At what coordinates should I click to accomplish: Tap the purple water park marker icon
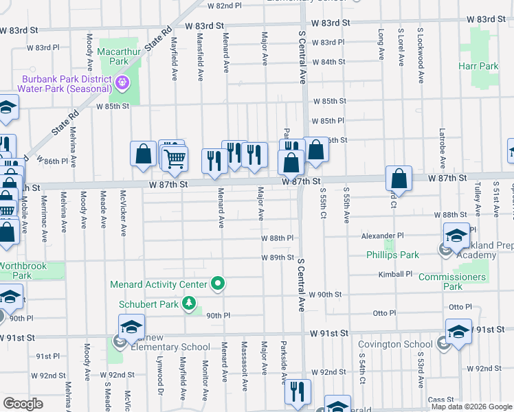point(123,84)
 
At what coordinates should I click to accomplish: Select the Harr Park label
point(478,67)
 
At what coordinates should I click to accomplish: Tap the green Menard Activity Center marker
point(219,283)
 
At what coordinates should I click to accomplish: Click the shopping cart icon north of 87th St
point(175,159)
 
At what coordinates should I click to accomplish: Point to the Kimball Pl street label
point(394,274)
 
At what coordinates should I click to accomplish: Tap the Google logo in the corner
point(23,404)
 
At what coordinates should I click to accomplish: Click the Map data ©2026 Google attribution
point(471,407)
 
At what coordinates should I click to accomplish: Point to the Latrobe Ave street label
point(442,146)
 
